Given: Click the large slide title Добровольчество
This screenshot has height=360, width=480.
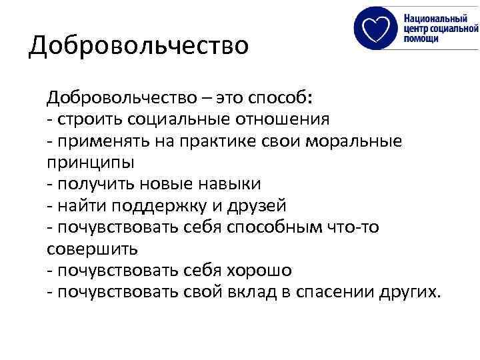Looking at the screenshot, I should [139, 46].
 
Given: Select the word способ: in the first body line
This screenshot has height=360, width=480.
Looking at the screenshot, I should [279, 99].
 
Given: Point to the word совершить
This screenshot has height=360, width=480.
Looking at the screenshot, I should [92, 249].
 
